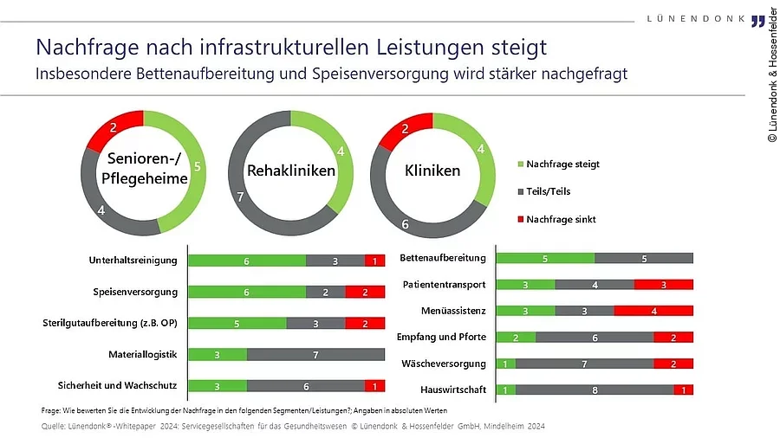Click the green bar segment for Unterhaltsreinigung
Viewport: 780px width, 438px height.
[247, 261]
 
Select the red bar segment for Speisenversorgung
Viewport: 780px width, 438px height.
[365, 292]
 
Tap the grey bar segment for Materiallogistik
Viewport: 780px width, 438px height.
[315, 354]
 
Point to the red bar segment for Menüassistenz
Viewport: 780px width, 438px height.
[653, 310]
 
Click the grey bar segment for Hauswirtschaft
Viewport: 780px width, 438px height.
[594, 390]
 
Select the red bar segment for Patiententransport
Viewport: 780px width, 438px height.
[663, 284]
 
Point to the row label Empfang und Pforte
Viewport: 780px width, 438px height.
[441, 337]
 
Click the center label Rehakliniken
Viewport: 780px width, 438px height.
[291, 171]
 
